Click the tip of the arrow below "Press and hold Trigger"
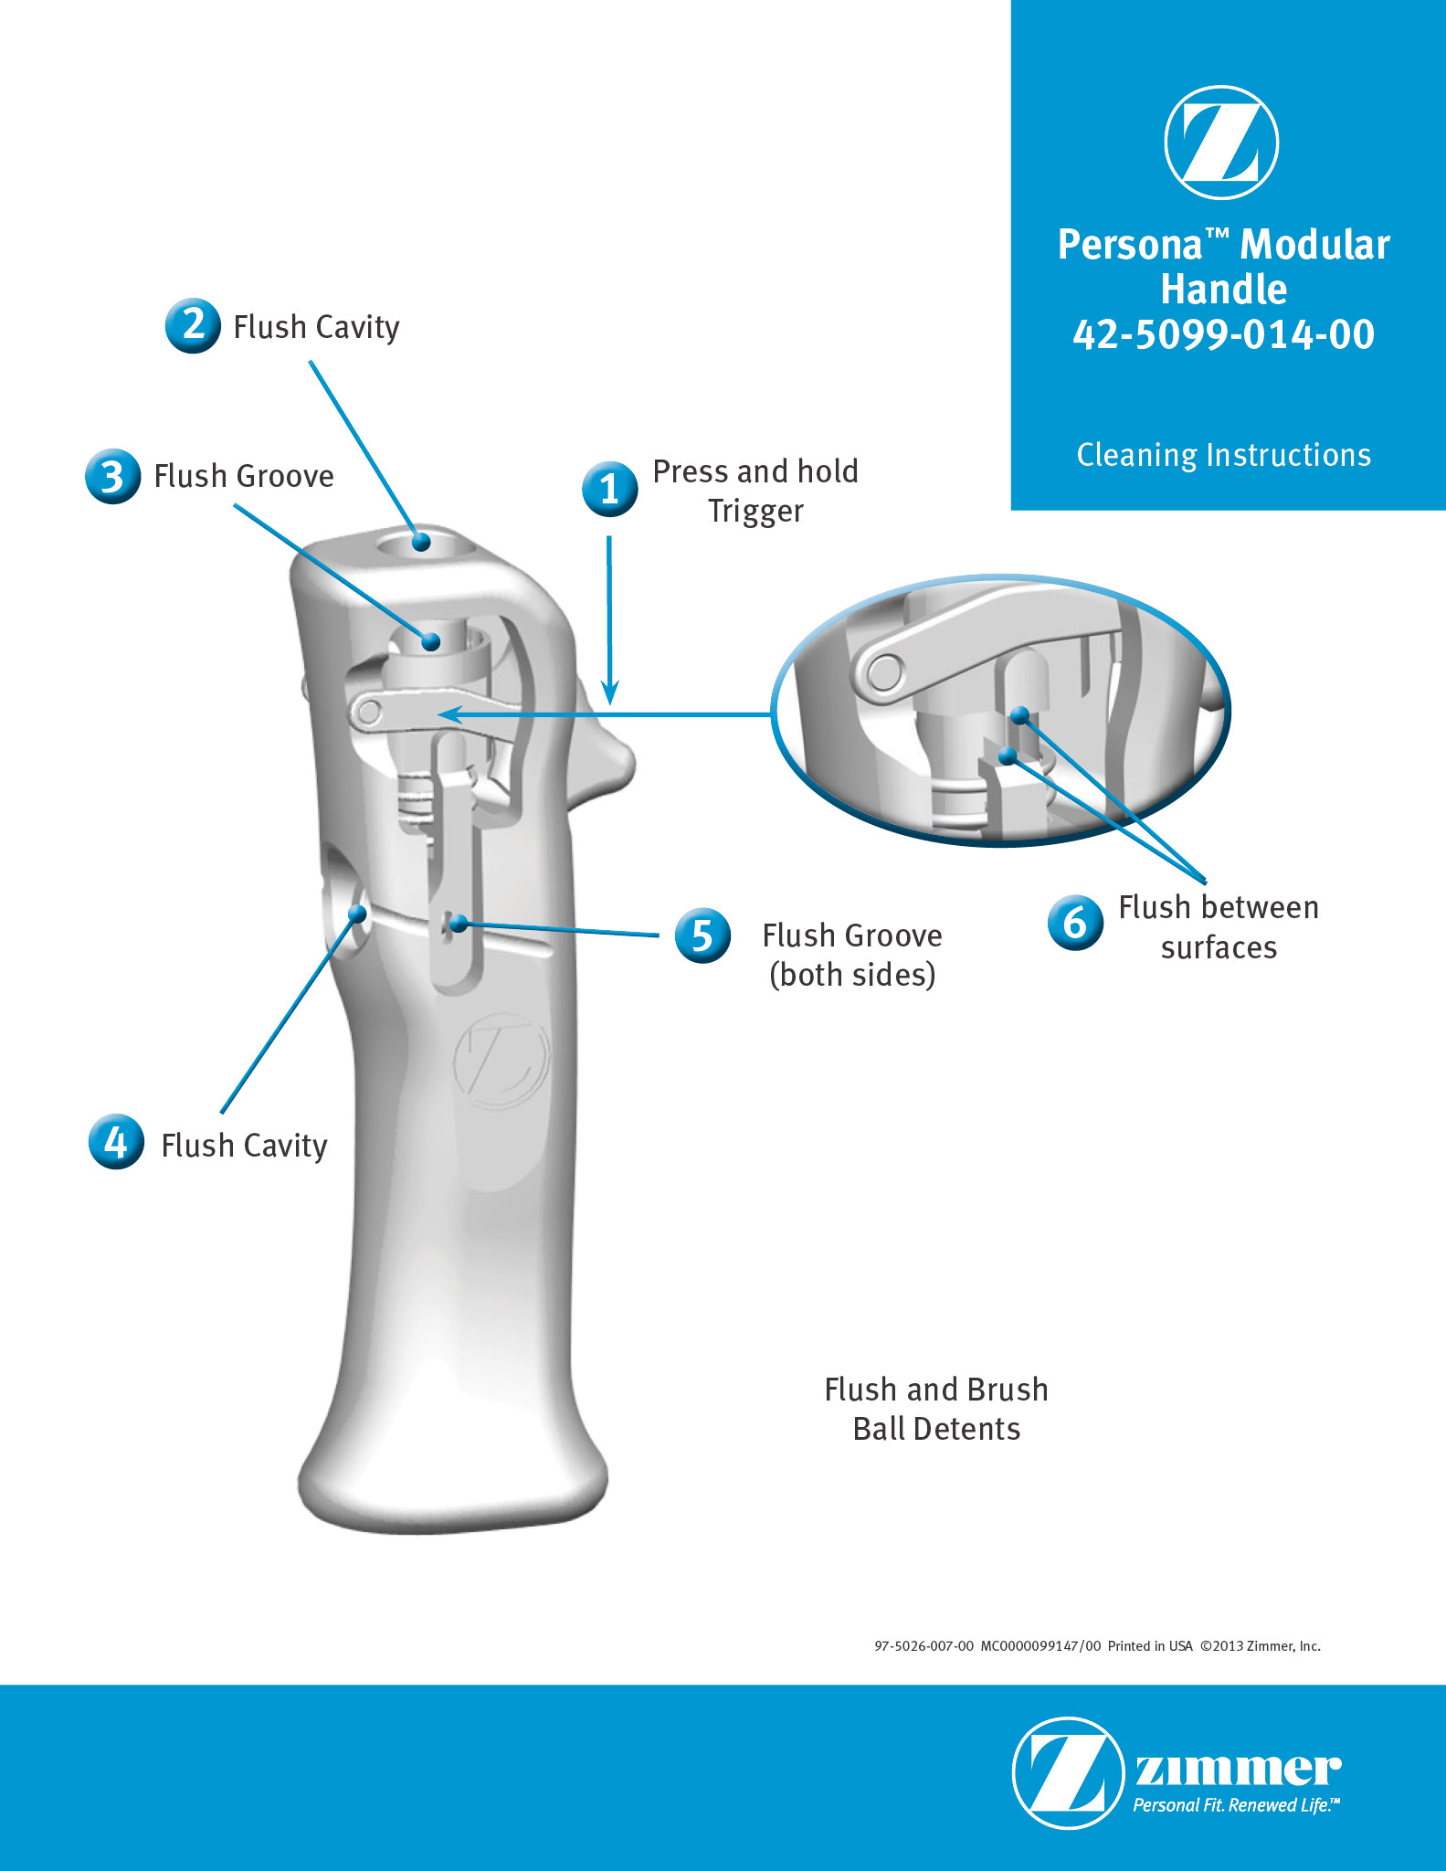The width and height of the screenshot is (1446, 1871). [x=610, y=704]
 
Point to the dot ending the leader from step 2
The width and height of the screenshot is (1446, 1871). [x=421, y=542]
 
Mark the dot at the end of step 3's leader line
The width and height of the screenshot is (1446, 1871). [x=431, y=642]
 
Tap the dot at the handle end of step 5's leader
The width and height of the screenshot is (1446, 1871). [x=459, y=924]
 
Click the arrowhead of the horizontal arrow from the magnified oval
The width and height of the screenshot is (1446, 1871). [x=440, y=714]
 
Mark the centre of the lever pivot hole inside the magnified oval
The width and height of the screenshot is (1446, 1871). [x=882, y=674]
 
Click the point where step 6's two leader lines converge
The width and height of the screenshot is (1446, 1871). [x=1205, y=882]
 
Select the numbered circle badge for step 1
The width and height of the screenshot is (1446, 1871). [x=609, y=489]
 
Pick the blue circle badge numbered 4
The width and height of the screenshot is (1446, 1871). [x=116, y=1141]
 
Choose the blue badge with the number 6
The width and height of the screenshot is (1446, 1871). [x=1075, y=923]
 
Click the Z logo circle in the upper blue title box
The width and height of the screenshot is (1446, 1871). [x=1221, y=143]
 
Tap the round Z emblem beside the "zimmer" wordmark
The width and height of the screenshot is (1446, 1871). [x=1068, y=1772]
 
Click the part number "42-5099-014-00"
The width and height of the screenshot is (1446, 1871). [x=1224, y=334]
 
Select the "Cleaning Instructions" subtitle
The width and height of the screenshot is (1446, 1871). [x=1224, y=455]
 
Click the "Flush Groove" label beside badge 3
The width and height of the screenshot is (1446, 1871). [x=244, y=476]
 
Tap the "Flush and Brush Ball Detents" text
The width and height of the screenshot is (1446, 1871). [x=936, y=1409]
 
